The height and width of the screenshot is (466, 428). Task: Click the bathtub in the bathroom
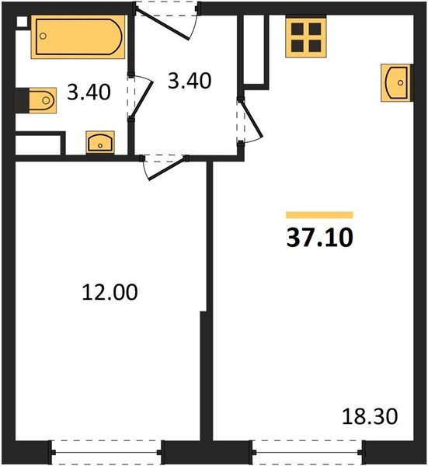(x=78, y=37)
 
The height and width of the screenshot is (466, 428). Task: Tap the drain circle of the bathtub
(x=43, y=37)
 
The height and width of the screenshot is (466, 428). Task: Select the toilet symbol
(x=43, y=100)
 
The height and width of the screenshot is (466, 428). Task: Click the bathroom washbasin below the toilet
(x=100, y=142)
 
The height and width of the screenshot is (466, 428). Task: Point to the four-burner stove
(x=306, y=37)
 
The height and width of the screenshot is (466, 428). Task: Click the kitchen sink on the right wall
(x=397, y=82)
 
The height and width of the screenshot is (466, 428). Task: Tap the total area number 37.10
(x=320, y=238)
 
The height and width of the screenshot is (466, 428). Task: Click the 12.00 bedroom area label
(x=110, y=292)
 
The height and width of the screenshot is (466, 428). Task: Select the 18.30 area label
(x=370, y=416)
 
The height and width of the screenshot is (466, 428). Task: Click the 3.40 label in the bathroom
(x=89, y=92)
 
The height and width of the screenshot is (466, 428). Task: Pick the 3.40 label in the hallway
(x=190, y=81)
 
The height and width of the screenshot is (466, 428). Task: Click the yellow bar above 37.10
(x=319, y=215)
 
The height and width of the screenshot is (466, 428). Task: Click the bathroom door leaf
(x=142, y=99)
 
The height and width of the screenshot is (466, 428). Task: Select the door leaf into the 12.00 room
(x=167, y=169)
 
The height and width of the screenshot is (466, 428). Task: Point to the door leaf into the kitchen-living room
(x=252, y=119)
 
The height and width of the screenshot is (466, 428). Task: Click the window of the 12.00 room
(x=106, y=452)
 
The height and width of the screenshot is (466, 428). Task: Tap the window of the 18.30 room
(x=308, y=452)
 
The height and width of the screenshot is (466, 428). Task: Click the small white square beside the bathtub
(x=21, y=22)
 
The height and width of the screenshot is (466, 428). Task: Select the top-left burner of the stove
(x=298, y=30)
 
